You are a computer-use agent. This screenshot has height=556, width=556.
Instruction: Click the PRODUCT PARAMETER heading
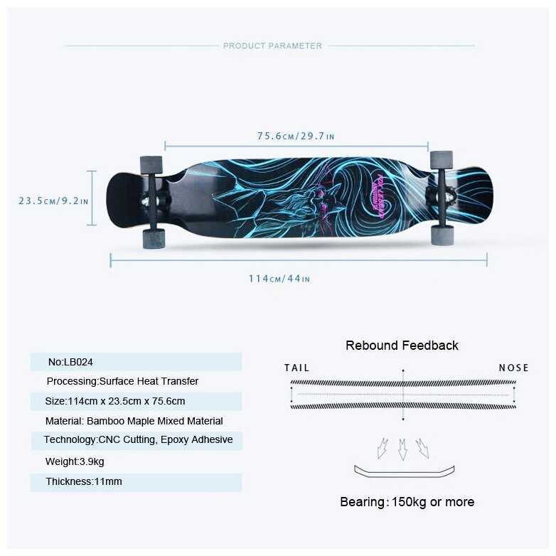click(x=272, y=46)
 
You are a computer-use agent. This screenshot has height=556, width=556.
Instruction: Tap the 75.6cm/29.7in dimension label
click(x=296, y=137)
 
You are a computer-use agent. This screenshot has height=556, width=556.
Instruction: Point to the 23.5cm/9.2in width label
click(x=53, y=201)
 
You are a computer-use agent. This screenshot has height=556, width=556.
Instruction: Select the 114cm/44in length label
click(x=279, y=279)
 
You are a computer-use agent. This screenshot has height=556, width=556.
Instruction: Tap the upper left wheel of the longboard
click(x=151, y=165)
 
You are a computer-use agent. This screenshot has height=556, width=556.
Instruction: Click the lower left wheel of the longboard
click(x=154, y=239)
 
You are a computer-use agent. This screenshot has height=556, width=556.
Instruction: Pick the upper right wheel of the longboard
click(x=442, y=160)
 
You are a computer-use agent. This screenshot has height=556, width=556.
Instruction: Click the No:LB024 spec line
click(x=70, y=362)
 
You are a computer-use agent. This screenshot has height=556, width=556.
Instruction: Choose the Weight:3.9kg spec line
click(x=75, y=461)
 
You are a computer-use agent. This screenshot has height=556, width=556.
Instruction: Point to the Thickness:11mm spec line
click(x=84, y=481)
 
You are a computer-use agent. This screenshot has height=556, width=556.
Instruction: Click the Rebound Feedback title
click(x=402, y=346)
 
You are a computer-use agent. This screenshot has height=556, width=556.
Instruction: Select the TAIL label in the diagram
click(x=297, y=368)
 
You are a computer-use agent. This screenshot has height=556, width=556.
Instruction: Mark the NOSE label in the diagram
click(x=514, y=368)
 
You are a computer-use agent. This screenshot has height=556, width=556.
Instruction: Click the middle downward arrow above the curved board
click(x=402, y=449)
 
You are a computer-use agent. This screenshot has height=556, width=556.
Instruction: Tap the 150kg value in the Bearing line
click(x=409, y=502)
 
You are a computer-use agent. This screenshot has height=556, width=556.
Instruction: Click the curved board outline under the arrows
click(x=405, y=475)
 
